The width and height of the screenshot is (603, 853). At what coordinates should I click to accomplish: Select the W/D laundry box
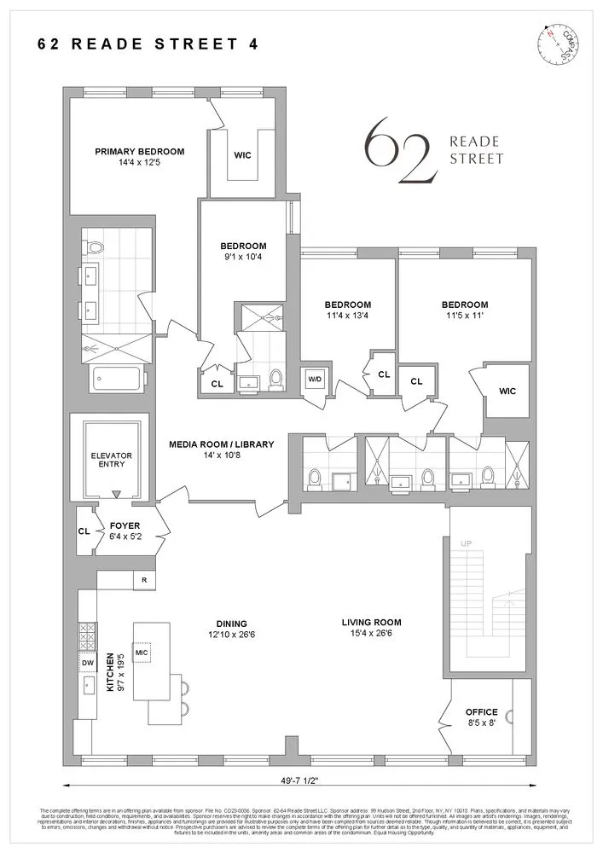(315, 379)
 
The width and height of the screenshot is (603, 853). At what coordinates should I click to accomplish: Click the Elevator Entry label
(112, 461)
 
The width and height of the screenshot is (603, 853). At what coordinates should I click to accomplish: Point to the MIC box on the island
(142, 653)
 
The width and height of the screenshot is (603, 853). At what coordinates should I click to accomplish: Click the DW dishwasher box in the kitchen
(87, 663)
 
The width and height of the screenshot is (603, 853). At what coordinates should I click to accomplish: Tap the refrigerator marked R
(143, 581)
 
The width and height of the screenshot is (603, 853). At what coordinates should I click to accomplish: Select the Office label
(481, 712)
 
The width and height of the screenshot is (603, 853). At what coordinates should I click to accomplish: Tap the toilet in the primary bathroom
(95, 248)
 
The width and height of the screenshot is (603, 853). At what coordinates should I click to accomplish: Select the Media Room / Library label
(221, 444)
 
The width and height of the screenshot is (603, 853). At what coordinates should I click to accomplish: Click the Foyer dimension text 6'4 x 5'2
(125, 537)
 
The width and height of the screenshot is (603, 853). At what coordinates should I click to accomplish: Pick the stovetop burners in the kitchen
(87, 636)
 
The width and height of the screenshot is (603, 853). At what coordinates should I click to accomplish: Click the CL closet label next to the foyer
(84, 531)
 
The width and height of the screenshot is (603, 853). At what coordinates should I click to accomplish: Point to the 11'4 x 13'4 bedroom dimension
(347, 316)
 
